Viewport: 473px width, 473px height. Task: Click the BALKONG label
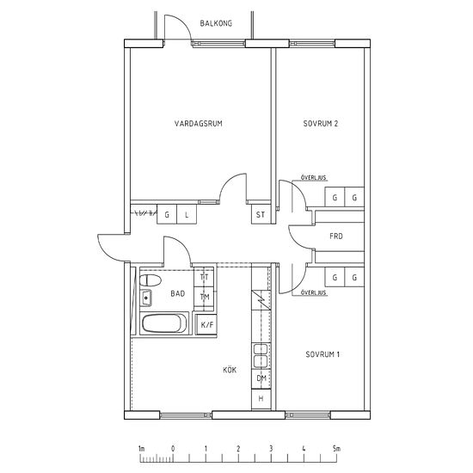(x=216, y=23)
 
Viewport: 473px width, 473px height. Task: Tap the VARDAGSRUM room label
(x=198, y=123)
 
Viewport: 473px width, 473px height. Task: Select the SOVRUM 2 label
(x=321, y=123)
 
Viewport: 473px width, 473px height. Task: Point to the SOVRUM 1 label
(x=322, y=354)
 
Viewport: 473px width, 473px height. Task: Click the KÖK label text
(x=230, y=370)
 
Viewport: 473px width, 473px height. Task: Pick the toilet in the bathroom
(x=150, y=280)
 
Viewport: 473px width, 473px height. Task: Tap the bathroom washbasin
(x=145, y=298)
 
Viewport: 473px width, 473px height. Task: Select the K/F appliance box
(x=206, y=324)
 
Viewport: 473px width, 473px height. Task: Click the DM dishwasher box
(x=261, y=378)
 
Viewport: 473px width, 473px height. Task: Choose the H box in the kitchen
(x=261, y=399)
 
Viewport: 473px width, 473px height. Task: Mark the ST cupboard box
(x=261, y=214)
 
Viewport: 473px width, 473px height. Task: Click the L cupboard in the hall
(x=187, y=214)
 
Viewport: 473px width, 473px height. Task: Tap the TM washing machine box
(x=204, y=297)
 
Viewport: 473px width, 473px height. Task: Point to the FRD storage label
(x=336, y=236)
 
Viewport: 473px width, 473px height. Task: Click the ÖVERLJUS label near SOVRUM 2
(x=314, y=178)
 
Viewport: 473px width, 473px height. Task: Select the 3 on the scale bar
(x=271, y=449)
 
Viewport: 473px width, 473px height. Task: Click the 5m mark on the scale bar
(x=336, y=449)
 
